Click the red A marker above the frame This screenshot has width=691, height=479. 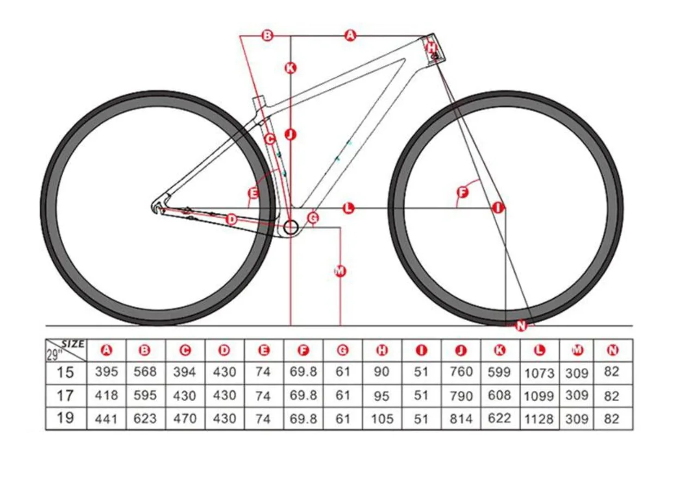350,36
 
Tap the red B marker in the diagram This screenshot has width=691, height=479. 267,36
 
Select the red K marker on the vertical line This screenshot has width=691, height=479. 291,68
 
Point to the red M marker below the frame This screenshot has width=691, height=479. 340,271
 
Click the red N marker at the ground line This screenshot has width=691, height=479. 521,326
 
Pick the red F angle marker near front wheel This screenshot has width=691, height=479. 462,193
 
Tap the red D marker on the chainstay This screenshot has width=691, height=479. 231,219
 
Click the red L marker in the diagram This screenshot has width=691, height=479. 348,207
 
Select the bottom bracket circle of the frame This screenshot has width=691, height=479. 291,227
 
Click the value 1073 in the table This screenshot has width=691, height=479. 539,373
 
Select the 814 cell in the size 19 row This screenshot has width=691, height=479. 461,419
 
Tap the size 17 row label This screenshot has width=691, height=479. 65,395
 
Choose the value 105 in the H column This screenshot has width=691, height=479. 382,419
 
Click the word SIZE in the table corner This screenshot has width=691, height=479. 73,344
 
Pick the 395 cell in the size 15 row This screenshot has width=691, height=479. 106,372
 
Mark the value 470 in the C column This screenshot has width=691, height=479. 184,419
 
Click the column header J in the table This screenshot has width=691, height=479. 461,351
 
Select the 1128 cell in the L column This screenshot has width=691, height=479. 539,419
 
